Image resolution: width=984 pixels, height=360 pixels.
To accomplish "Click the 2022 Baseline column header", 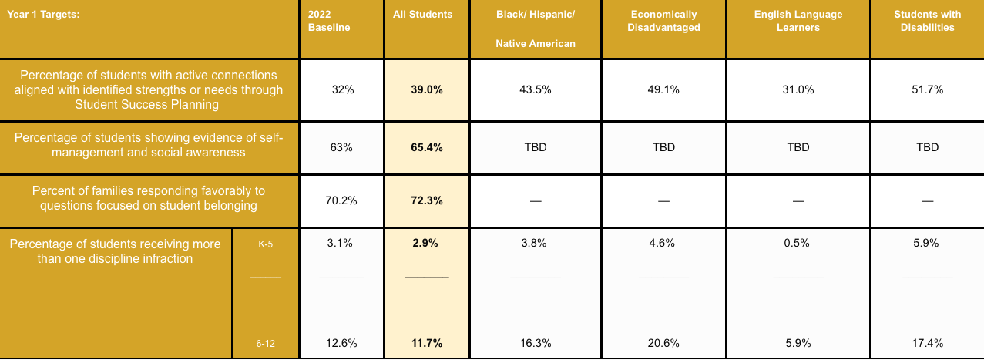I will (329, 21).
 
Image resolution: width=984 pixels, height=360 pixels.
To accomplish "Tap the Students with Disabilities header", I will (927, 21).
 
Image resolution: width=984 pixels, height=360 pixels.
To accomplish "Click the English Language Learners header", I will (798, 21).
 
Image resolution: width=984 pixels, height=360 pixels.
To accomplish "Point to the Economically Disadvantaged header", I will (664, 21).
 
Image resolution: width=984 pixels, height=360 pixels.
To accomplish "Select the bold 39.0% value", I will (427, 89).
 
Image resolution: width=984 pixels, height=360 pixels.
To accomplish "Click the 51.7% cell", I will (927, 89).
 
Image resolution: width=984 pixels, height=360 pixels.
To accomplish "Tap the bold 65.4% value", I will (427, 147).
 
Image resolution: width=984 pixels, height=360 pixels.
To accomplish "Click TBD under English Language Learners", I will (798, 147).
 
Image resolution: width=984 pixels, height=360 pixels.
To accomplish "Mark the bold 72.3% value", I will (427, 200).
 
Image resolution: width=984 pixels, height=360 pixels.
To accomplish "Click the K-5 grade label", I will (265, 244).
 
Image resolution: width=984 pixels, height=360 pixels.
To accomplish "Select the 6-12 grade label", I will (265, 344).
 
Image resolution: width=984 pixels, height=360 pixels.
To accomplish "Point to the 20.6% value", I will (664, 344).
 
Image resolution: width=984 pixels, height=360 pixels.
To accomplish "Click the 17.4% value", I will (927, 344).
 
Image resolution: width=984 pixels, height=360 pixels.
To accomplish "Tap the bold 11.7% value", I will (427, 344).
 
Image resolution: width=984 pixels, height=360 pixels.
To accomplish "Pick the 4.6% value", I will (664, 243).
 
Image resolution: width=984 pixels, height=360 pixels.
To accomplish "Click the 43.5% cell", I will (536, 89).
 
